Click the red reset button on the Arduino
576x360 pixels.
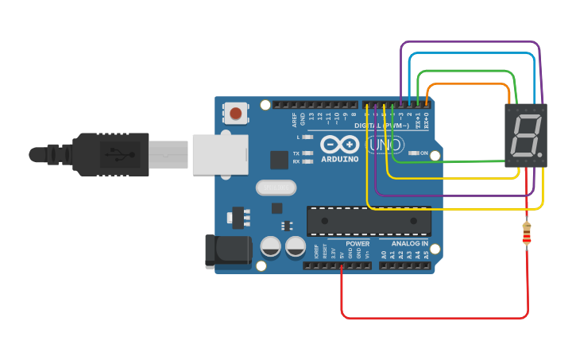[x=235, y=114]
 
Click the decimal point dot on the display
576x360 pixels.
[x=539, y=153]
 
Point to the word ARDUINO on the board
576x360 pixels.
[x=340, y=159]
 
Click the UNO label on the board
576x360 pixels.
[x=385, y=146]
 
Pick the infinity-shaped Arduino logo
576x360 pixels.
[x=340, y=144]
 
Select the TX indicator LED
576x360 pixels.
[x=308, y=153]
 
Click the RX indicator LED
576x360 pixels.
[x=308, y=161]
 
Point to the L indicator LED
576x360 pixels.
[x=308, y=137]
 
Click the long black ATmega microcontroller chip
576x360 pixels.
[x=369, y=220]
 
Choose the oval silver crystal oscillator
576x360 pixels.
[x=276, y=188]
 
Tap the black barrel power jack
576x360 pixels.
[x=228, y=250]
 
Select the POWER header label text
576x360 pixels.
[x=357, y=244]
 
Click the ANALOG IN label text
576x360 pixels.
[x=409, y=244]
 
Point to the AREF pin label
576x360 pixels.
[x=294, y=120]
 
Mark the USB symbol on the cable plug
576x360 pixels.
[x=114, y=153]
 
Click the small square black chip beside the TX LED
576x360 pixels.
[x=279, y=160]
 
